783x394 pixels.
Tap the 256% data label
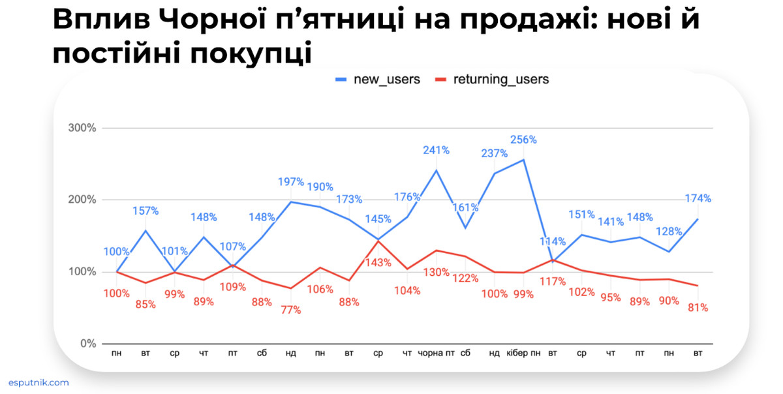point(523,139)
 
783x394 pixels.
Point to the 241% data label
point(436,150)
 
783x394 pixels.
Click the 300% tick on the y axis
point(82,128)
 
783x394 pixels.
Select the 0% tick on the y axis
point(87,344)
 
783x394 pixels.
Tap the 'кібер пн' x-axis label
point(523,353)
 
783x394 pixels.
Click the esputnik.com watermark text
point(38,383)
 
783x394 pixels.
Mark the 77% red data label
point(291,310)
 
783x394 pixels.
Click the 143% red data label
point(378,262)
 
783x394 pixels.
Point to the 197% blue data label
point(291,181)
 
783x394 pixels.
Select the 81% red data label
point(698,307)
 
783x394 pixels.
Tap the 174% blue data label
point(698,198)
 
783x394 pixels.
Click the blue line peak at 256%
point(523,159)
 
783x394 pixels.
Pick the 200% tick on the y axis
point(82,200)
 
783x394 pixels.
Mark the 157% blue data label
point(146,211)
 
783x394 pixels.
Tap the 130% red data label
point(436,272)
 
